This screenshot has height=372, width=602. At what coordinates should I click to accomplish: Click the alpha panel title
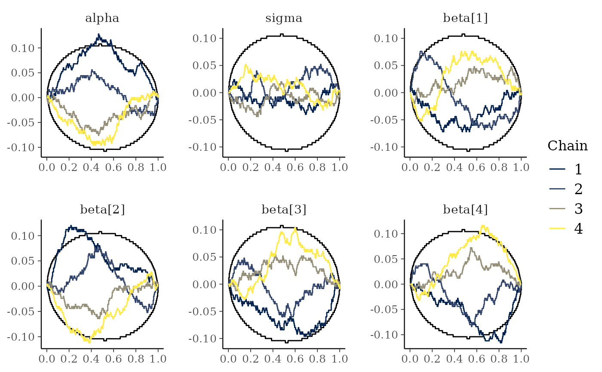click(102, 18)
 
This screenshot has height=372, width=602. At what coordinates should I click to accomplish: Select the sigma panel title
click(284, 18)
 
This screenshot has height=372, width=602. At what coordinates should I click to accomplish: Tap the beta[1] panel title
click(465, 18)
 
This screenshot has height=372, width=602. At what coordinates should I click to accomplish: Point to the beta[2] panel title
click(102, 210)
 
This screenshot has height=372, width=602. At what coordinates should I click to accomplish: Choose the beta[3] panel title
click(284, 210)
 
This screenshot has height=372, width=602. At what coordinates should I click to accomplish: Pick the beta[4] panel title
click(465, 210)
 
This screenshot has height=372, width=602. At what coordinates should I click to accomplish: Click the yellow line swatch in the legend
click(557, 229)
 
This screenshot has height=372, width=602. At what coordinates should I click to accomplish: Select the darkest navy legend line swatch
click(557, 169)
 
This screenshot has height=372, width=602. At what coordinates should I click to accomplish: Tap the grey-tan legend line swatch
click(557, 209)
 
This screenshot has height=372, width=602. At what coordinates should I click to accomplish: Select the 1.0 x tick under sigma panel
click(339, 167)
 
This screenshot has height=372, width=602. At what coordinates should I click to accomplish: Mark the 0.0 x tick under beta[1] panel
click(410, 167)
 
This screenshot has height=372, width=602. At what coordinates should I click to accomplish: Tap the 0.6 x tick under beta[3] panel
click(295, 358)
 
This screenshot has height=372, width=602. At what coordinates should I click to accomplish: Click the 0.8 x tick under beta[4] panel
click(499, 358)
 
